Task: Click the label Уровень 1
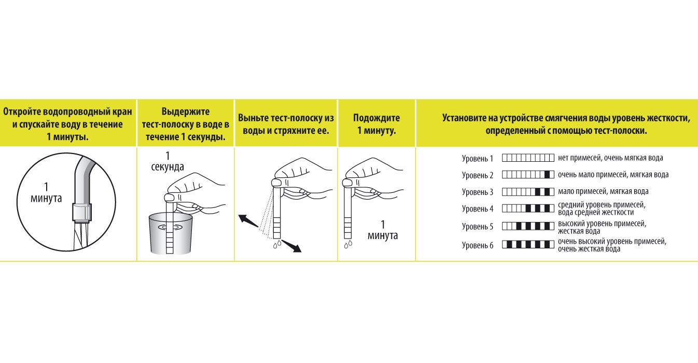coord(478,158)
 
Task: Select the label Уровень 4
coord(478,209)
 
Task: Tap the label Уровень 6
coord(478,245)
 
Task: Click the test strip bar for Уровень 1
coord(528,158)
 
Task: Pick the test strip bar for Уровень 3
coord(528,192)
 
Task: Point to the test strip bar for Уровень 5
coord(528,226)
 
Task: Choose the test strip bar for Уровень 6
coord(528,244)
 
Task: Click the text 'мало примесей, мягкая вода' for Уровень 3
coord(603,192)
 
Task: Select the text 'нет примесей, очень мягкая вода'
coord(610,158)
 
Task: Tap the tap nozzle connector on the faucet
coord(82,212)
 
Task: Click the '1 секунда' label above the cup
coord(167,161)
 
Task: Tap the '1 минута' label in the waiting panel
coord(383,230)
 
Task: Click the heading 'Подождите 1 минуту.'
coord(376,124)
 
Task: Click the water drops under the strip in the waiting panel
coord(348,243)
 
